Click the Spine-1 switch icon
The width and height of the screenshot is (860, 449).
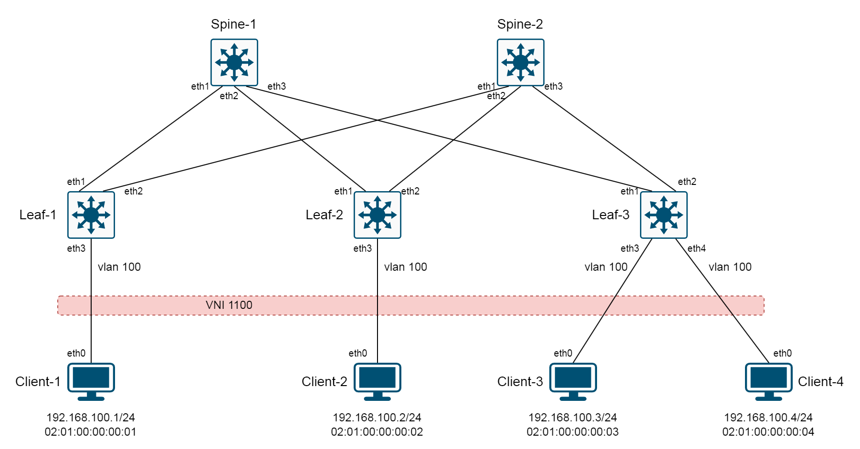[234, 62]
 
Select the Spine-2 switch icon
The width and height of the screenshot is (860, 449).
[520, 62]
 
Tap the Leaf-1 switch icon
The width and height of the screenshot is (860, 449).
[91, 215]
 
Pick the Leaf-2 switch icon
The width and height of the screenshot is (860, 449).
[377, 215]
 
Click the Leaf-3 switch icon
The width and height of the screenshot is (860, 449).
[663, 215]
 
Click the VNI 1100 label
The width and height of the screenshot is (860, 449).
[229, 305]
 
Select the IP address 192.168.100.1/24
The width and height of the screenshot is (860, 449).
[91, 418]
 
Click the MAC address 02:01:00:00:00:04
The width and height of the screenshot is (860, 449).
[768, 432]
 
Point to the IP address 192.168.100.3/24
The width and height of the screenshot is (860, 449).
[573, 418]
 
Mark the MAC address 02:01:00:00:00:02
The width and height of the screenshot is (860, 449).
[377, 432]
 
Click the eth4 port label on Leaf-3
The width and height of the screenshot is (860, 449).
[696, 248]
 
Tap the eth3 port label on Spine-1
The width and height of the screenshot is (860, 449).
[276, 86]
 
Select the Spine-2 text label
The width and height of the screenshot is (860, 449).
[520, 24]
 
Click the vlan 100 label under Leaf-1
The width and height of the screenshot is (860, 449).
[119, 267]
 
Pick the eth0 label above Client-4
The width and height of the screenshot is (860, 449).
[782, 353]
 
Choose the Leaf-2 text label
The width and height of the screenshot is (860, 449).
[324, 215]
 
